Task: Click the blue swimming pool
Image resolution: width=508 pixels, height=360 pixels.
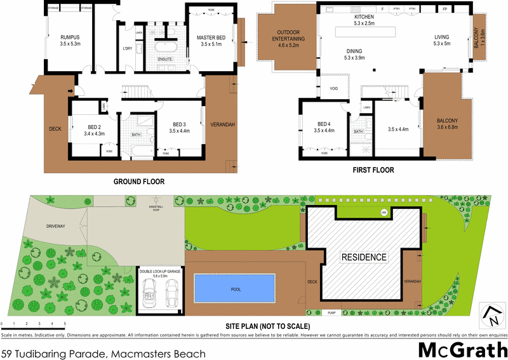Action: (236, 290)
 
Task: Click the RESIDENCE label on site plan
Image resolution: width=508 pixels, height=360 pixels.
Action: (364, 257)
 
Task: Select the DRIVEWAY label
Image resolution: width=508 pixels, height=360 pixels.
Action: (56, 226)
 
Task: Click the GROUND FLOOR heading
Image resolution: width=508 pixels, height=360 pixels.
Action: (139, 182)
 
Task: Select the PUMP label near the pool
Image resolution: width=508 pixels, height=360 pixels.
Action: (331, 313)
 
